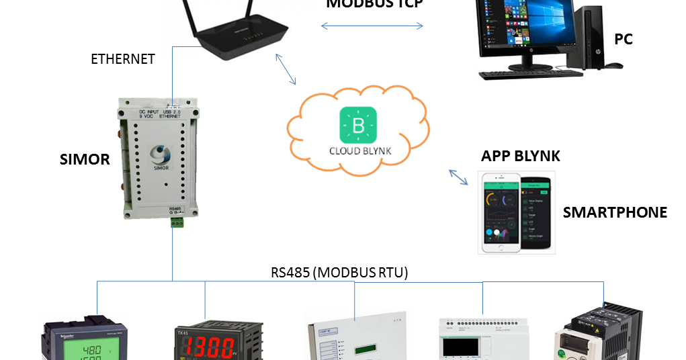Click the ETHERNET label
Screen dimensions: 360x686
point(123,59)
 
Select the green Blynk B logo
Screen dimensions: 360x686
point(358,125)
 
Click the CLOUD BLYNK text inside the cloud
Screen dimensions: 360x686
point(359,151)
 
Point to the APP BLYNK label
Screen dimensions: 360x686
point(521,156)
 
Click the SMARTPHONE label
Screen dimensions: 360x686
point(615,213)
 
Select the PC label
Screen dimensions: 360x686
point(623,40)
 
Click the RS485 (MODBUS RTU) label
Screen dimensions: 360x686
point(339,273)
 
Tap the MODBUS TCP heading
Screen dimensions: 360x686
point(374,4)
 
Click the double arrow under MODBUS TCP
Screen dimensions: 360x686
point(372,26)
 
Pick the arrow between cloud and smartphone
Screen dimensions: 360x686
point(460,177)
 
